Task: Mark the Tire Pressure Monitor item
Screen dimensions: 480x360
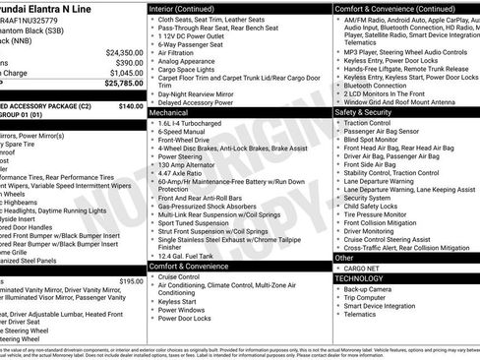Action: coord(383,213)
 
